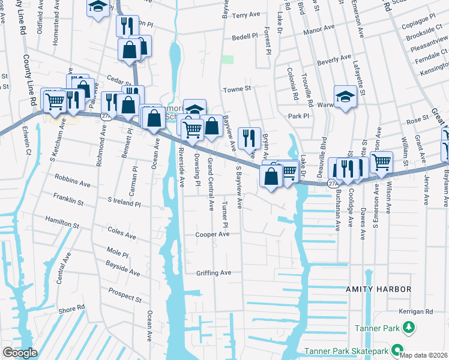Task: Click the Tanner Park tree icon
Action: tap(409, 327)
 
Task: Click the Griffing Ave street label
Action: tap(213, 273)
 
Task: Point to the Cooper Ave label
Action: tap(212, 235)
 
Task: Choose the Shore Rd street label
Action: tap(73, 308)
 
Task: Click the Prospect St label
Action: tap(125, 295)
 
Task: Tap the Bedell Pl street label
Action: tap(244, 37)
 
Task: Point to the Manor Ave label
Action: tap(319, 28)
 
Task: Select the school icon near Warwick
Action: tap(345, 97)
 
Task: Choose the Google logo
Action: tap(20, 353)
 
